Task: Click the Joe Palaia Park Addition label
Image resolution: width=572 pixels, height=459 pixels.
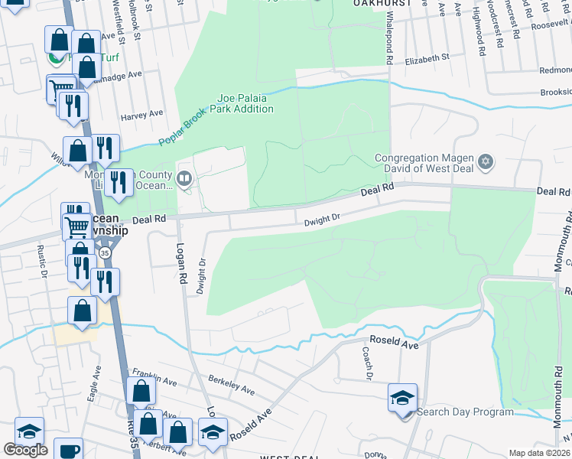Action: (245, 103)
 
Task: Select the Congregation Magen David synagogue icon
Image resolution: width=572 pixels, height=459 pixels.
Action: (484, 162)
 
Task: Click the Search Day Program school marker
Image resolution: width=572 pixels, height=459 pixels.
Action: (402, 399)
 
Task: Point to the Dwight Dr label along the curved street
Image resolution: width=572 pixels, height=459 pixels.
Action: (321, 220)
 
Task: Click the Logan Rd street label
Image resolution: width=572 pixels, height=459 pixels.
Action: (182, 265)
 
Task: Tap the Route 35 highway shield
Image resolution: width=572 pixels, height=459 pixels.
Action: (105, 252)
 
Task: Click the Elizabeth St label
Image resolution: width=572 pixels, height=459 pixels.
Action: (427, 58)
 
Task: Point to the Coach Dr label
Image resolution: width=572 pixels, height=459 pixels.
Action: (368, 363)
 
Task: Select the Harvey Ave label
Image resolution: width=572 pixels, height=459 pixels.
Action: (141, 114)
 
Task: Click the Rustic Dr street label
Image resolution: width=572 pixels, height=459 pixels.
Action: (44, 263)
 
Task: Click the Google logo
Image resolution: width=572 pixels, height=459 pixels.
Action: (25, 450)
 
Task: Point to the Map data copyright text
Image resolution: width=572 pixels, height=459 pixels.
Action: (540, 453)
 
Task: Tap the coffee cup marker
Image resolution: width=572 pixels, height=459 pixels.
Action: (70, 450)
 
